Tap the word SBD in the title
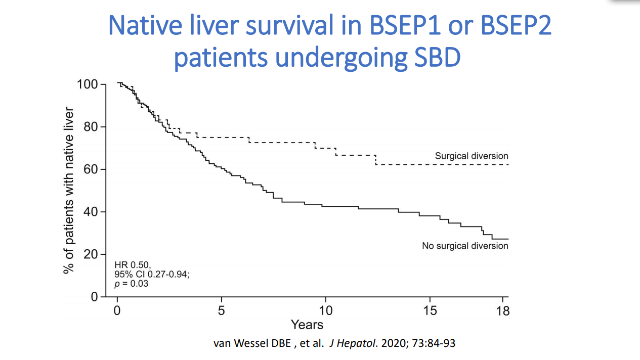click(433, 58)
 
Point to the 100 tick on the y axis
click(88, 84)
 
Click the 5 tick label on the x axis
click(222, 310)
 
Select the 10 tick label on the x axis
click(325, 310)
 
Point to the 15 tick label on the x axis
click(430, 310)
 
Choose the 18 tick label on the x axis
click(502, 310)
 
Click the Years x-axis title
click(307, 324)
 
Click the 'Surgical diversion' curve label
click(471, 156)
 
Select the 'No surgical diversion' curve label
click(465, 246)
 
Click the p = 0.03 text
click(132, 284)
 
